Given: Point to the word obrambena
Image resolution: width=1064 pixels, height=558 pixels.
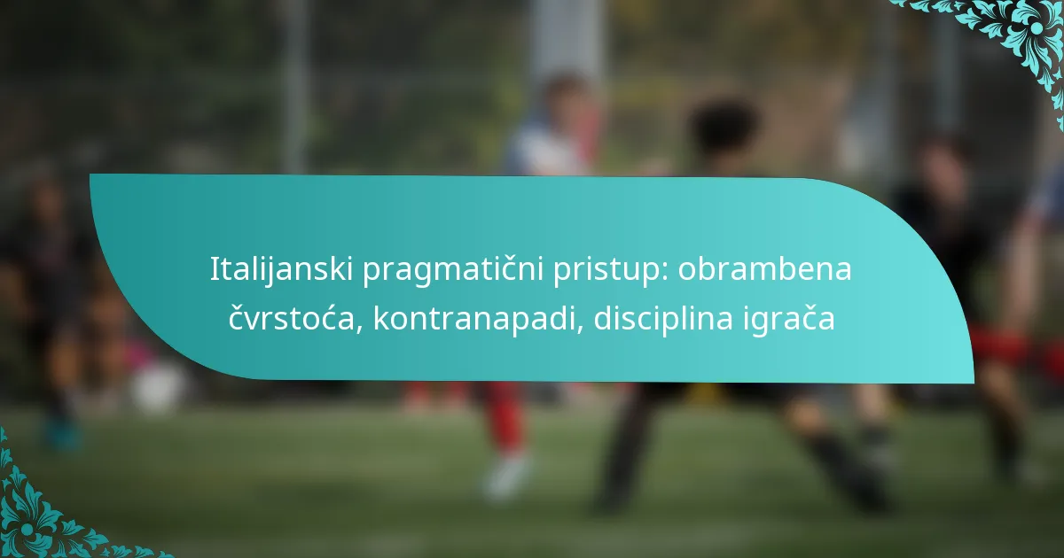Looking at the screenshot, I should (x=765, y=269).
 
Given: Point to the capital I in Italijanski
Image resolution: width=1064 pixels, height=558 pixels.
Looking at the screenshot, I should (x=214, y=269).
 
